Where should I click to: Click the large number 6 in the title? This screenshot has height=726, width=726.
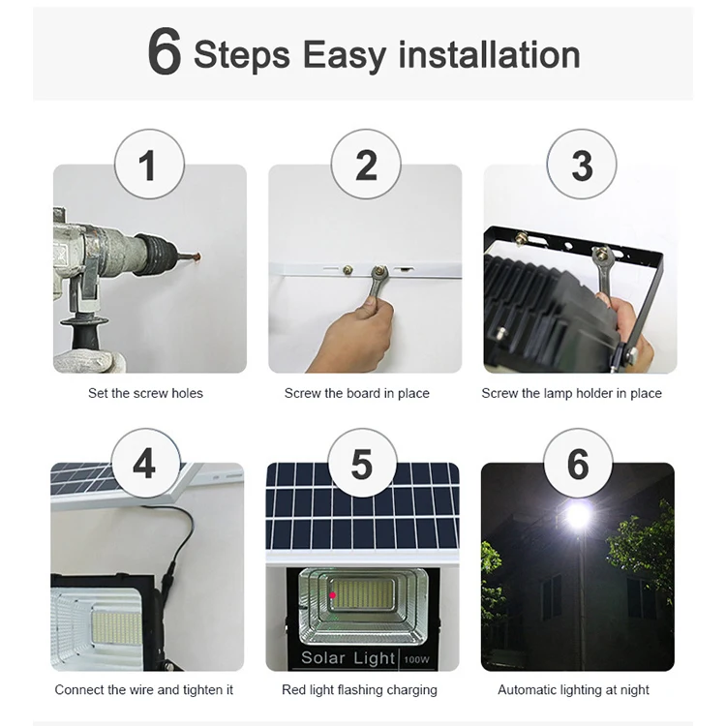point(165,52)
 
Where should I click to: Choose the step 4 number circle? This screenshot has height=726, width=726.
point(145,464)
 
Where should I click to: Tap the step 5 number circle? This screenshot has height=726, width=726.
point(362,464)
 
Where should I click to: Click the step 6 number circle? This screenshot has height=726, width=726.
point(578,464)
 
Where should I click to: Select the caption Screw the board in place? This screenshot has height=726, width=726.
point(357,394)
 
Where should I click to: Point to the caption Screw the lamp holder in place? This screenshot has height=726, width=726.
point(572,394)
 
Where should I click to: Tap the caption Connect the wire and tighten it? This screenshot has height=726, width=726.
point(144,690)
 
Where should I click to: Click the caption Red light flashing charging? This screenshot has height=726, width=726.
point(359,690)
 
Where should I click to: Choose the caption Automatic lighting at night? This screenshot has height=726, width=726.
point(573,690)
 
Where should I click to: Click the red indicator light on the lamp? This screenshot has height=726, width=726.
point(332,594)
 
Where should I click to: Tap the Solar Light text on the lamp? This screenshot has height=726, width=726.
point(334,658)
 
